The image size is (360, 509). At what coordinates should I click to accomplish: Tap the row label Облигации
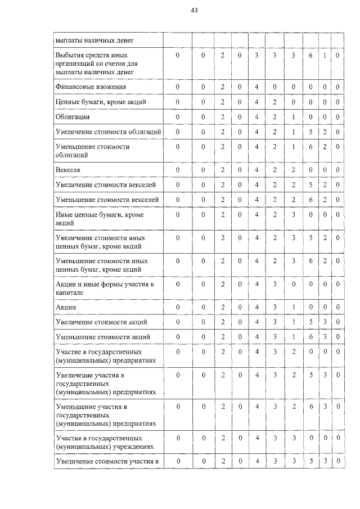click(73, 117)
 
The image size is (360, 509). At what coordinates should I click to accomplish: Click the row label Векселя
click(68, 170)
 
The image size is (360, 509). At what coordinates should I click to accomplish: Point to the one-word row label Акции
click(66, 308)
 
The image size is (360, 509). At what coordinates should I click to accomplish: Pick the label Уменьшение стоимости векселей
click(107, 200)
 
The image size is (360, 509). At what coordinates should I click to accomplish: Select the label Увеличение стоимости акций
click(101, 322)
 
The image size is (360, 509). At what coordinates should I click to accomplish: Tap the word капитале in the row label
click(70, 292)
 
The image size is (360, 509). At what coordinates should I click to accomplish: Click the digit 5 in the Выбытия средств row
click(293, 56)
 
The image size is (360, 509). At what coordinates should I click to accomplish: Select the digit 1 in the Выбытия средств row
click(325, 56)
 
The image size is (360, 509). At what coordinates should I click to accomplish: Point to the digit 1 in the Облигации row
click(293, 117)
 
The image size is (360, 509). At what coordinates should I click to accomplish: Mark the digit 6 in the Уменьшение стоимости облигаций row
click(310, 147)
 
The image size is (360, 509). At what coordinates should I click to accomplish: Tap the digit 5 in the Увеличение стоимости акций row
click(310, 322)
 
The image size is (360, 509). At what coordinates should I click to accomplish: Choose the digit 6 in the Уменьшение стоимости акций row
click(310, 337)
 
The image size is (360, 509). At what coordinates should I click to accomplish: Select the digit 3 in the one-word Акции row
click(274, 308)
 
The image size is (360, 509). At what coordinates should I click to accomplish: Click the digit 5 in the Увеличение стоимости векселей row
click(310, 185)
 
